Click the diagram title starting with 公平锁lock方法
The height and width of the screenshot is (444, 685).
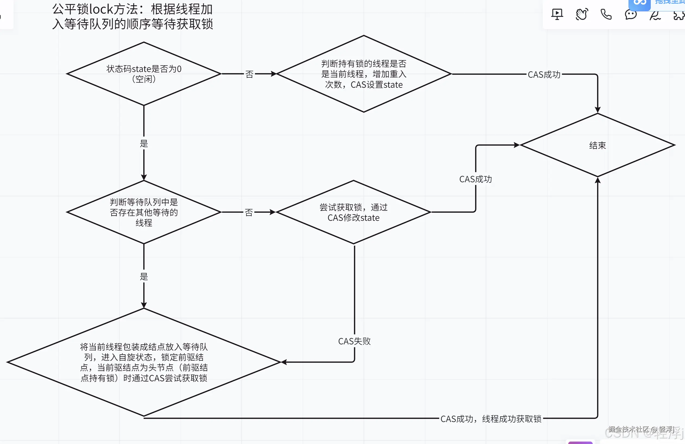pos(132,17)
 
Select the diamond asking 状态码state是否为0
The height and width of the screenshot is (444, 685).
pos(144,74)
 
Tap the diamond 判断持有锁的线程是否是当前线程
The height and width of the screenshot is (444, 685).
pos(364,74)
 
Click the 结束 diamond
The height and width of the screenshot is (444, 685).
pos(598,145)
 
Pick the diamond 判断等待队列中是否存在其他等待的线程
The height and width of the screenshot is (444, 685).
pos(144,212)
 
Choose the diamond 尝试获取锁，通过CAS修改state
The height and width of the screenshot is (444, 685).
pos(353,212)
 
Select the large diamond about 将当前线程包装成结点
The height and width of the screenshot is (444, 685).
pos(144,362)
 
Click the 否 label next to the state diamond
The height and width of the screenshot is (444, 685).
pos(249,74)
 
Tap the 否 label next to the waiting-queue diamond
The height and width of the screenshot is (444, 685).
pos(249,213)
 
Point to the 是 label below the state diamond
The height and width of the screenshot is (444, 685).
pos(144,143)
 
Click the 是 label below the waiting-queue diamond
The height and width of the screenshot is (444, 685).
pos(144,277)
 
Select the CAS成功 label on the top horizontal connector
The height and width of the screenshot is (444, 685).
pos(544,75)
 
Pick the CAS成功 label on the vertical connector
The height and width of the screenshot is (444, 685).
pos(475,179)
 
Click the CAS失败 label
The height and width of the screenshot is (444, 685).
pos(354,341)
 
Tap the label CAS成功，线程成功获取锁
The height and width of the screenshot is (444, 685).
pos(491,419)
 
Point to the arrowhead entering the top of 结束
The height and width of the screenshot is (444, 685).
pos(598,110)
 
